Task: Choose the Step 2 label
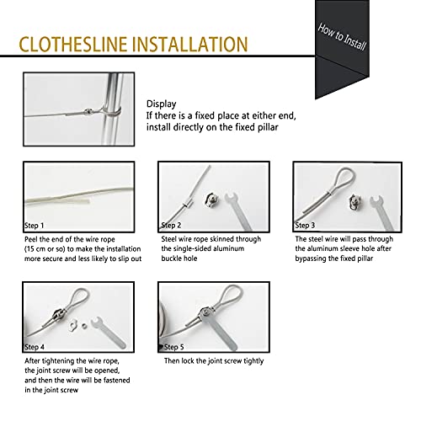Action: click(x=172, y=226)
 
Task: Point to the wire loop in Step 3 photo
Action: click(x=319, y=179)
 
